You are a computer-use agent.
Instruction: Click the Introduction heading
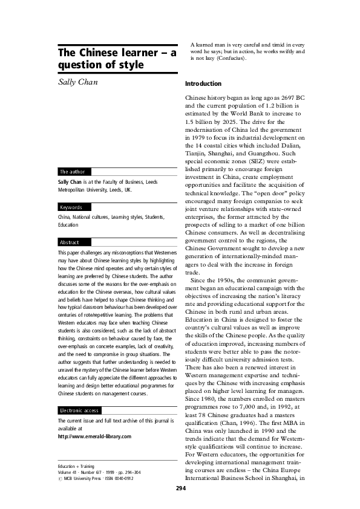[x=203, y=83]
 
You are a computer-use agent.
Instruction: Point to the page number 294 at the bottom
[x=180, y=488]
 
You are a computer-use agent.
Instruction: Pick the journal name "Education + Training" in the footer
[x=75, y=467]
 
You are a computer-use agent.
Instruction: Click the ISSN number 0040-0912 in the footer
[x=122, y=478]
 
